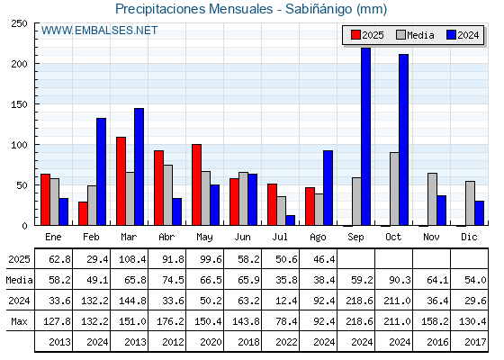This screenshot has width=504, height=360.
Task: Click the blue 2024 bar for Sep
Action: tap(365, 137)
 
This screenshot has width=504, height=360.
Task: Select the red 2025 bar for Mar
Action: tap(121, 181)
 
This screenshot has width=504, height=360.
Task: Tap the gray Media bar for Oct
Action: tap(394, 189)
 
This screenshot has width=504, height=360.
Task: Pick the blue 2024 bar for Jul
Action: tap(290, 220)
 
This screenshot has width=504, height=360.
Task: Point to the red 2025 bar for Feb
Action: tap(83, 213)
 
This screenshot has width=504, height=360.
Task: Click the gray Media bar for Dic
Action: tap(470, 203)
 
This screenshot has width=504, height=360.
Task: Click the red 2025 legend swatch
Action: tap(355, 35)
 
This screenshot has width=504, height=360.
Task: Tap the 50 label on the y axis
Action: tap(22, 185)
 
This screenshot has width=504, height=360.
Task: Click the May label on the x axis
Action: tap(204, 238)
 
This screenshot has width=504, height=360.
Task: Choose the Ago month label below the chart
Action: tap(318, 238)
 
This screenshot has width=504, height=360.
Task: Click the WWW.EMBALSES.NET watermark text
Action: tap(99, 31)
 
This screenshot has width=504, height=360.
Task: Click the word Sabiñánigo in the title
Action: tap(319, 9)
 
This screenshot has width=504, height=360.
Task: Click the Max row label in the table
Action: tap(19, 321)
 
